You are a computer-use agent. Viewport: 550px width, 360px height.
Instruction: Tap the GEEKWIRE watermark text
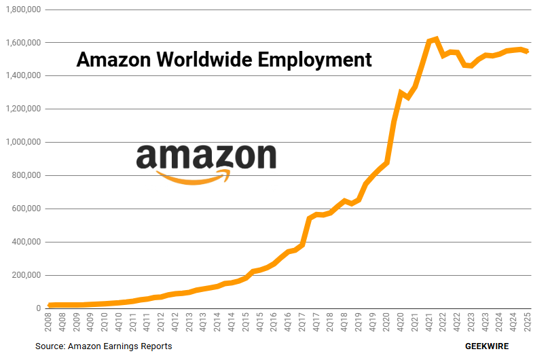pyautogui.click(x=486, y=346)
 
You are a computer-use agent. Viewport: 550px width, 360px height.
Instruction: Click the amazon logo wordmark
pyautogui.click(x=206, y=156)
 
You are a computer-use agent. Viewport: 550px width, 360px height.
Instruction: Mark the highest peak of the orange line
pyautogui.click(x=436, y=39)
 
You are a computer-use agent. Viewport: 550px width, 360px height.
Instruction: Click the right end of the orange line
pyautogui.click(x=527, y=52)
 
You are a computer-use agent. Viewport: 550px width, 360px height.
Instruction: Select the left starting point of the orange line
pyautogui.click(x=50, y=306)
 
